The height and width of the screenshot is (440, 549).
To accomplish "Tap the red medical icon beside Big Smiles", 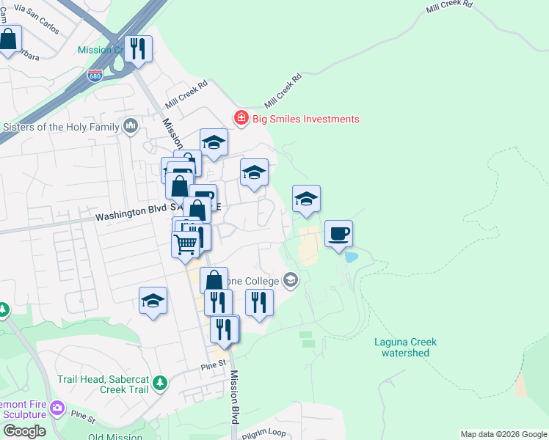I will point(240,118).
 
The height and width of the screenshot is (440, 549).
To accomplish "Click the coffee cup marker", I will point(338,235).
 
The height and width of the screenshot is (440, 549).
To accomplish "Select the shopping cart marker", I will point(186,243).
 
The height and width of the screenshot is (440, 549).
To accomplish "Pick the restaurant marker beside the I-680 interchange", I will point(138,50).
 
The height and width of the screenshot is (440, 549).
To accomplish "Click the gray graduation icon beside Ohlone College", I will point(291,280).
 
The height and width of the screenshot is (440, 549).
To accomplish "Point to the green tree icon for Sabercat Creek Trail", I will point(160,383).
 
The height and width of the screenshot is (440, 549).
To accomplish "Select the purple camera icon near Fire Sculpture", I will point(57,407).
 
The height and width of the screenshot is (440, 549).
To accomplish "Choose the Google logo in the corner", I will point(23,430).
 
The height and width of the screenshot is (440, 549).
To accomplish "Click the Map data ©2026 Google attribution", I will point(503,434).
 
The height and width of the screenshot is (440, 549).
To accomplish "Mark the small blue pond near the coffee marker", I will point(351,257).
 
